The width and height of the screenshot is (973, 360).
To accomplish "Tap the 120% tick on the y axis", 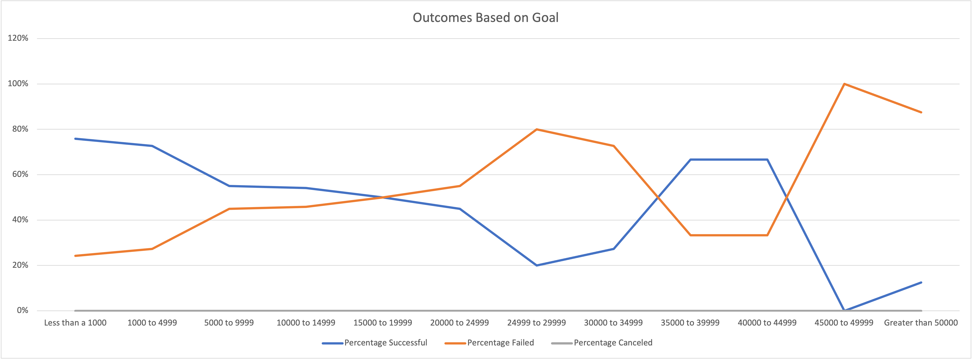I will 18,38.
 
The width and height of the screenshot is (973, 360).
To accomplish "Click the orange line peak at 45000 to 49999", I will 844,84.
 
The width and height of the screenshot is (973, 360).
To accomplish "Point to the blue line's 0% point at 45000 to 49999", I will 844,310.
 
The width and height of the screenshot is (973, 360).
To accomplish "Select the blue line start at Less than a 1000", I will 75,139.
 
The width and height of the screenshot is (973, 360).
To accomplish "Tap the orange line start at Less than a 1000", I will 75,256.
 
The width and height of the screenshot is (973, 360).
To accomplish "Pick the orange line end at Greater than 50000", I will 921,112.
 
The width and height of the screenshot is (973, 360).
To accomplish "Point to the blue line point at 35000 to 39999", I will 690,159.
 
